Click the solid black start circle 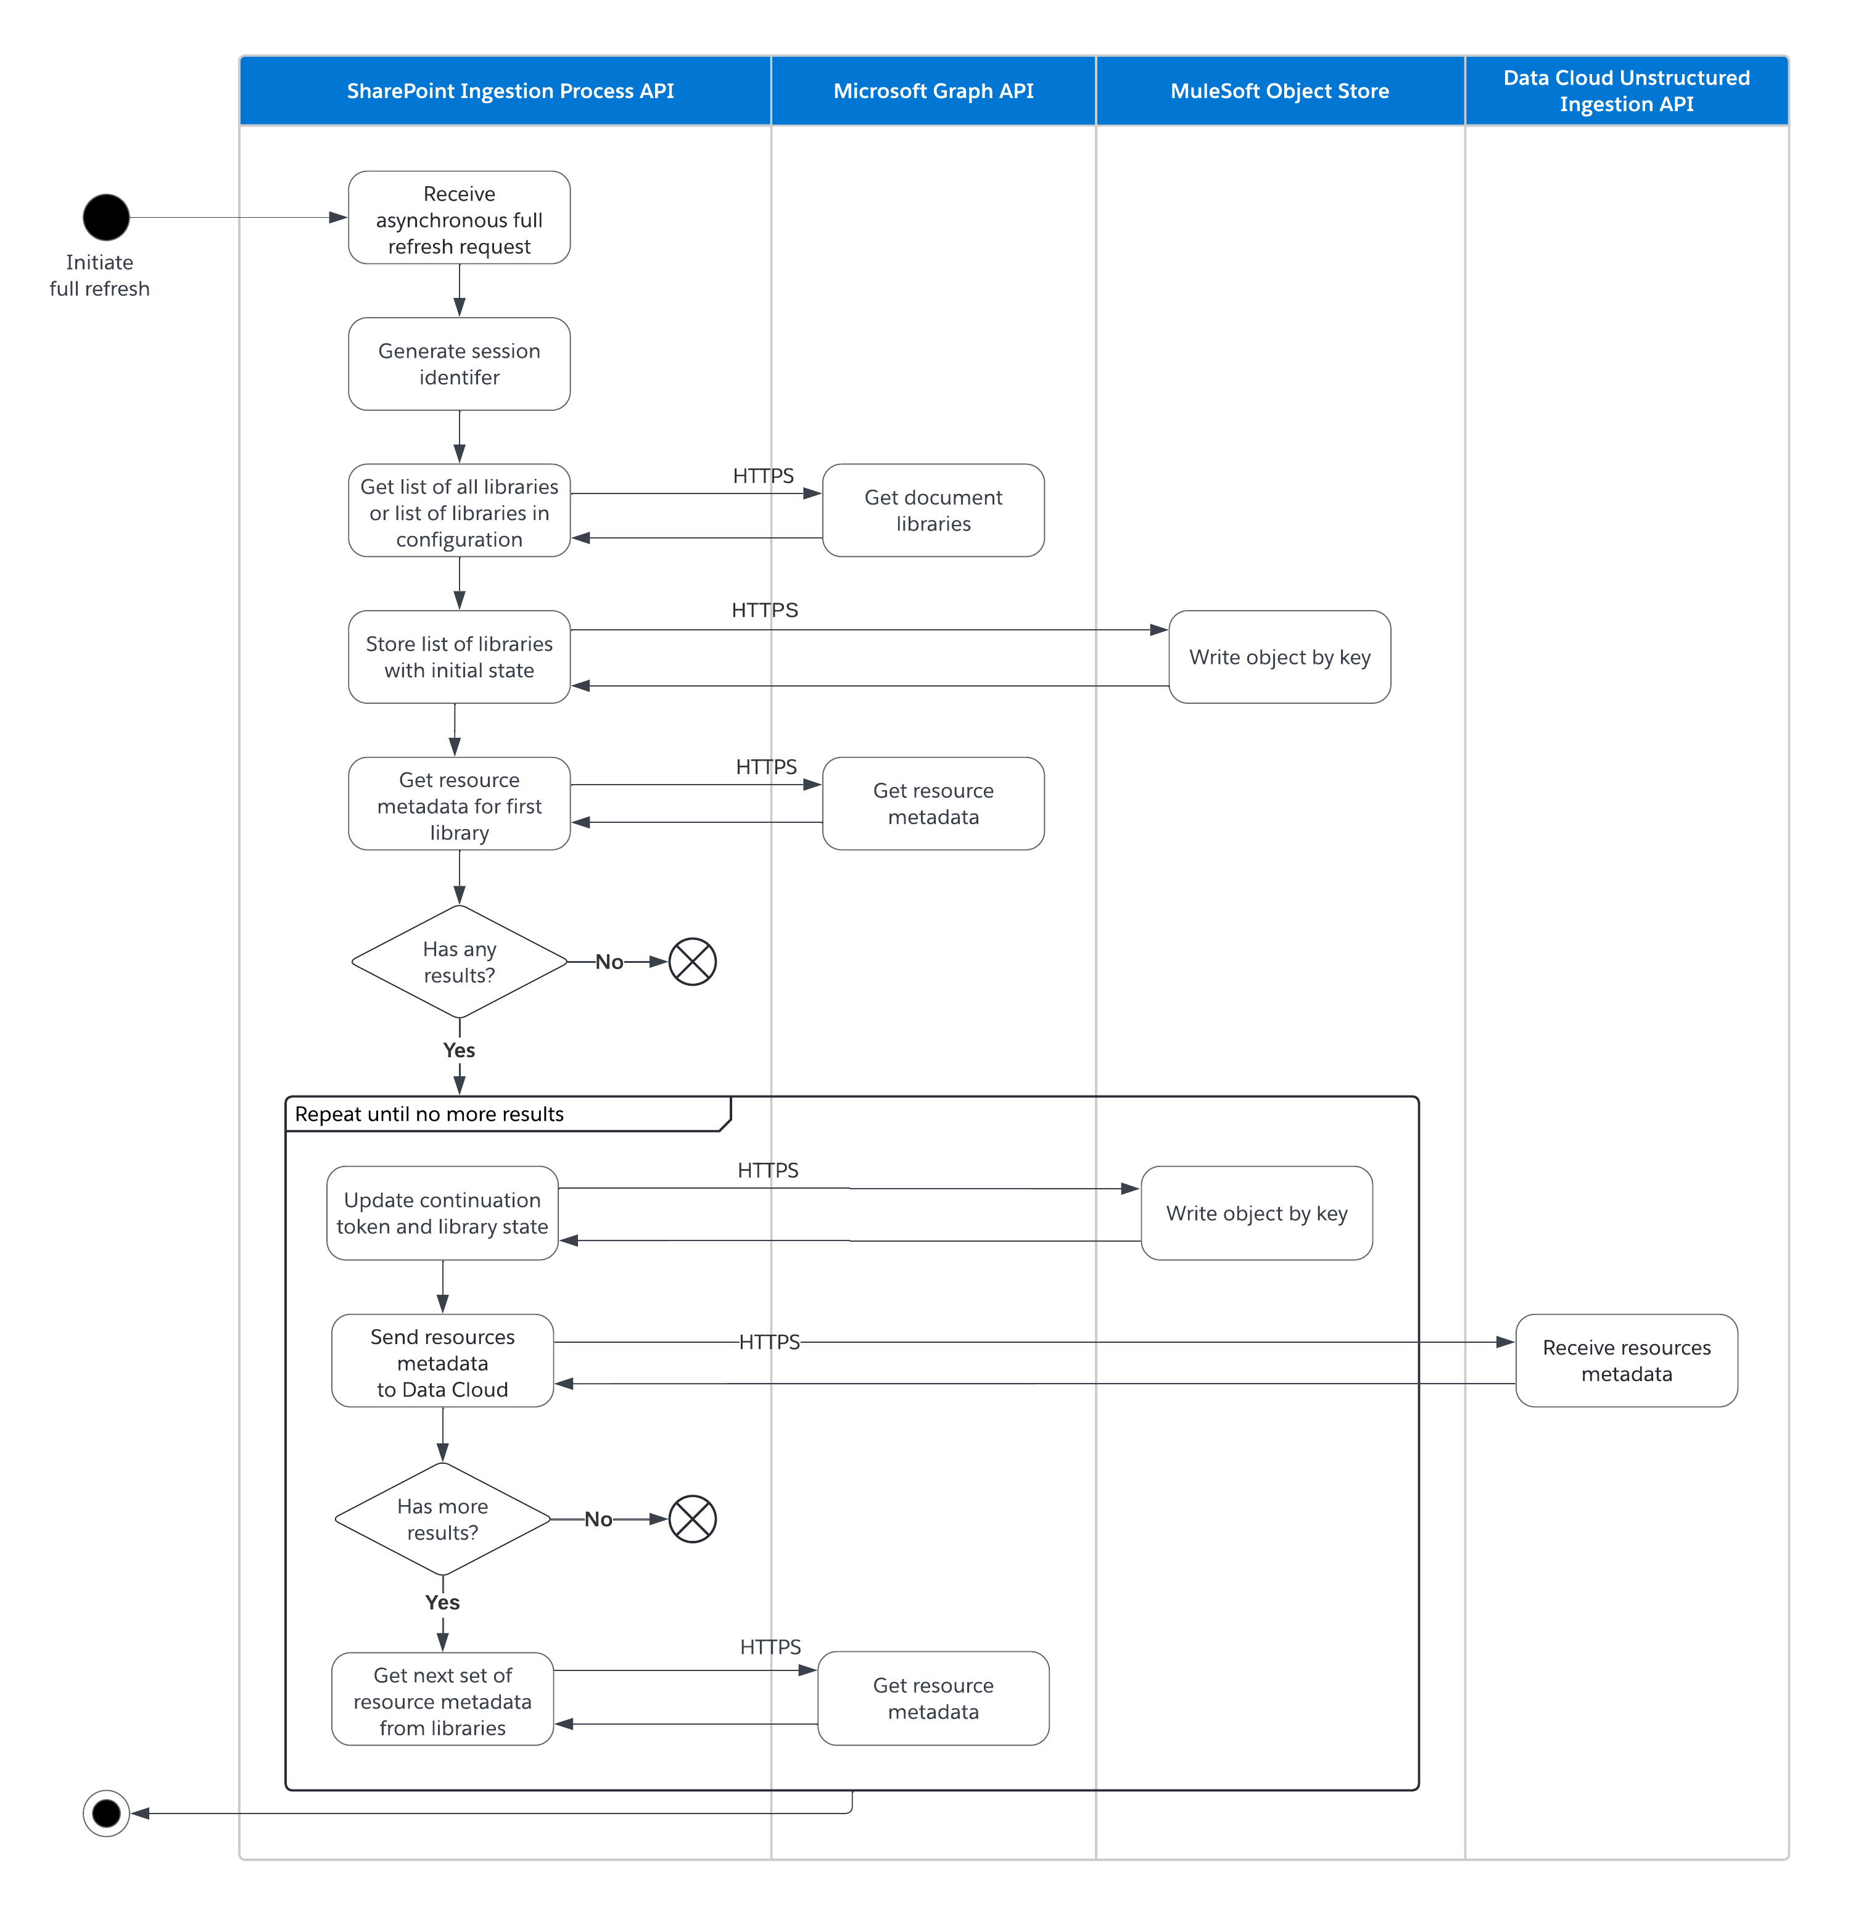click(x=105, y=217)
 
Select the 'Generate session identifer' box click(x=459, y=363)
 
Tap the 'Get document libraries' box click(x=932, y=510)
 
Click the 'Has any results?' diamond click(x=459, y=962)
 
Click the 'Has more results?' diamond click(x=442, y=1519)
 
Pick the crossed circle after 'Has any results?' click(x=692, y=962)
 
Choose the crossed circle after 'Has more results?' click(x=692, y=1519)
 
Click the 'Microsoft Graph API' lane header click(x=932, y=91)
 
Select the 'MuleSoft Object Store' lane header click(x=1279, y=91)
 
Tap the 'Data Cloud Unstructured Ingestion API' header click(x=1625, y=91)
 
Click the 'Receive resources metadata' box click(x=1625, y=1360)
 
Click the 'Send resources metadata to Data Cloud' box click(x=442, y=1362)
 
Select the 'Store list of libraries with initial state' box click(x=459, y=657)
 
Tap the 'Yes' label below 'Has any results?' click(x=458, y=1050)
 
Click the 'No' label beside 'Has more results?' click(x=598, y=1519)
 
